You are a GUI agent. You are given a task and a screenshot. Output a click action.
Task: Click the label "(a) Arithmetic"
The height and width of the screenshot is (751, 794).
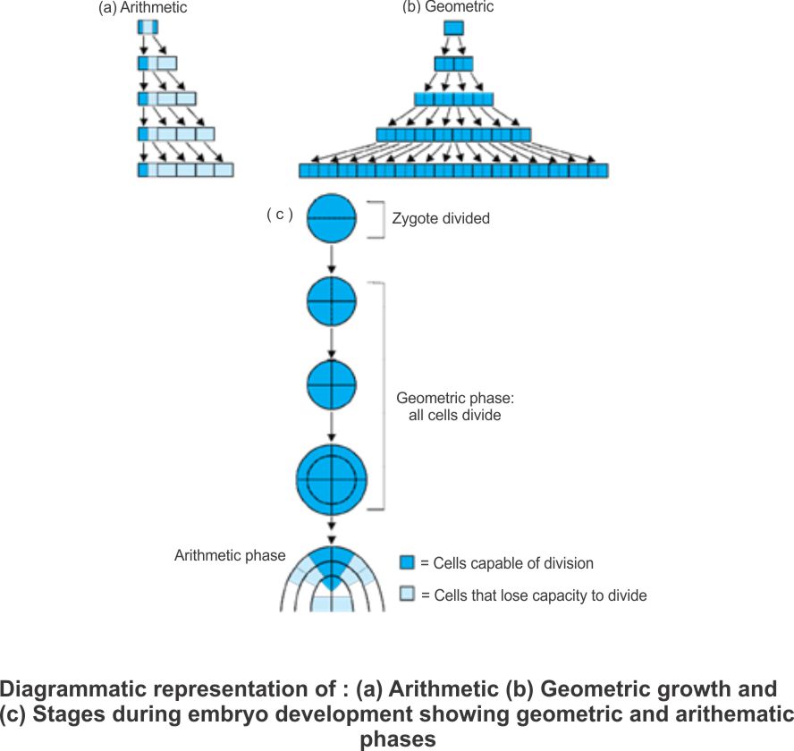pos(142,8)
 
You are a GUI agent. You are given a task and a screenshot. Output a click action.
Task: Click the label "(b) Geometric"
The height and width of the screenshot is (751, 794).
pos(448,7)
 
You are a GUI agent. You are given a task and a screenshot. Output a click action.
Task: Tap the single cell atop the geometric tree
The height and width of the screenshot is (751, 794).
pos(453,28)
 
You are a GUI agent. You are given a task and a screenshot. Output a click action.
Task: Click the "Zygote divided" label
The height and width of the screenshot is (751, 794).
pos(441,218)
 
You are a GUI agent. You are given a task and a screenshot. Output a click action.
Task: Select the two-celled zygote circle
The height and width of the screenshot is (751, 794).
pos(333,218)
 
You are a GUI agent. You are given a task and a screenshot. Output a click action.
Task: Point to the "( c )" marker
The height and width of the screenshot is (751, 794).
pos(279,215)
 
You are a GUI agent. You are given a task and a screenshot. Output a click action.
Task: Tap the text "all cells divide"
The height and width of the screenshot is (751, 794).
pos(449,415)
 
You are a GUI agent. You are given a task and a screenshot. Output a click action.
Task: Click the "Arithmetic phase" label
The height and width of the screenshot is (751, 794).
pos(230,555)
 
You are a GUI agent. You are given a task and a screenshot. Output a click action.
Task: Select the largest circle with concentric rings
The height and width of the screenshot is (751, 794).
pos(332,479)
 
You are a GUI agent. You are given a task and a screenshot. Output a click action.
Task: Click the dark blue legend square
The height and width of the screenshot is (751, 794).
pos(408,562)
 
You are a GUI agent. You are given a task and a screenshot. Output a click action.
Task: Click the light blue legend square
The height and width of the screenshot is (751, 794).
pos(408,595)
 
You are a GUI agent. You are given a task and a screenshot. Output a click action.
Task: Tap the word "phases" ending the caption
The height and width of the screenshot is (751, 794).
pos(398,739)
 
